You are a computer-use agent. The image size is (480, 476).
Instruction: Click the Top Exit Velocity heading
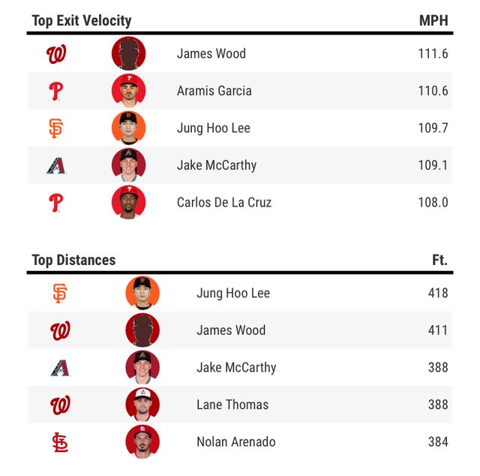pyautogui.click(x=81, y=20)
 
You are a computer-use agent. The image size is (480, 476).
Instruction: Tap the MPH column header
pyautogui.click(x=433, y=20)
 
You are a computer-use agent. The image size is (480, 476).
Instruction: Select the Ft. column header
pyautogui.click(x=439, y=260)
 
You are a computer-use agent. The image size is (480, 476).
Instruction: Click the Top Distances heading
pyautogui.click(x=73, y=260)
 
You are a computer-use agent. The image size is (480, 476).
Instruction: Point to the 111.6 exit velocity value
pyautogui.click(x=433, y=53)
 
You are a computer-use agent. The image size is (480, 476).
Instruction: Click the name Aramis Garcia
pyautogui.click(x=214, y=91)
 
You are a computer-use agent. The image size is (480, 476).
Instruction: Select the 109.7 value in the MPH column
pyautogui.click(x=433, y=128)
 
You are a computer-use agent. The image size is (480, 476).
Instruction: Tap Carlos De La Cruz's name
pyautogui.click(x=224, y=202)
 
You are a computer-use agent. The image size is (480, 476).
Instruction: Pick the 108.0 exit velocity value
pyautogui.click(x=433, y=202)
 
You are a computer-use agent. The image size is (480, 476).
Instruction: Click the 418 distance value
pyautogui.click(x=437, y=293)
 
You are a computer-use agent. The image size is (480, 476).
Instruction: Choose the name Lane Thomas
pyautogui.click(x=232, y=405)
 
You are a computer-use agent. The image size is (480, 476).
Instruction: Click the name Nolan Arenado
pyautogui.click(x=235, y=441)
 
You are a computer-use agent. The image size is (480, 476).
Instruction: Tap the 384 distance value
pyautogui.click(x=437, y=441)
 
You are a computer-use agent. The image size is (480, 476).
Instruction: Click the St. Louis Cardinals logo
pyautogui.click(x=60, y=442)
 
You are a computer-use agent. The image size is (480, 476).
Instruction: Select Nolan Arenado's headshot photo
pyautogui.click(x=142, y=441)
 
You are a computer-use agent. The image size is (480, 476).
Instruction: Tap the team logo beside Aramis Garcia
pyautogui.click(x=55, y=92)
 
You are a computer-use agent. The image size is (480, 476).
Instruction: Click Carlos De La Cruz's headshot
pyautogui.click(x=128, y=202)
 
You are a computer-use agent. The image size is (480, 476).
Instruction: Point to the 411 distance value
pyautogui.click(x=437, y=330)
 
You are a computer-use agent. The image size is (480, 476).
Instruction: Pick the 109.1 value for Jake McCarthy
pyautogui.click(x=433, y=165)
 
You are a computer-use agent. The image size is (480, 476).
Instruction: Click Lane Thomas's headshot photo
pyautogui.click(x=142, y=405)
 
